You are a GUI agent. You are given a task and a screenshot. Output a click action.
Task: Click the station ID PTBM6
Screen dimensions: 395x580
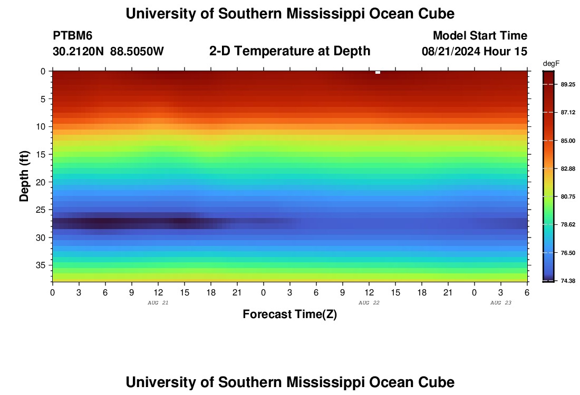73,36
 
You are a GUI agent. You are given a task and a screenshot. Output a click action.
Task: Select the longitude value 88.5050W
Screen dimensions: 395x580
137,52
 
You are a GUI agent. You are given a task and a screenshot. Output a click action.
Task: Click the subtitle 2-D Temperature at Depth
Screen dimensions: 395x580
289,51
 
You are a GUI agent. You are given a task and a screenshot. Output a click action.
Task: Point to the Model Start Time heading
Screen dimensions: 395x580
480,36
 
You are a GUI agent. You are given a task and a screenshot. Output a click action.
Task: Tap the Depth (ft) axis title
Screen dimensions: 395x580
24,175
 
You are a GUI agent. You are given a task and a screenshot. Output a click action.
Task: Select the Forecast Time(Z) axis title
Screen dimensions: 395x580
289,314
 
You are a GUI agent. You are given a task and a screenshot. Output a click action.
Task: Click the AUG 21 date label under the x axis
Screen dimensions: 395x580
158,303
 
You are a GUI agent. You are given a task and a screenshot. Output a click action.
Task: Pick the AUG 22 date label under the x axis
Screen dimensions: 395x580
369,303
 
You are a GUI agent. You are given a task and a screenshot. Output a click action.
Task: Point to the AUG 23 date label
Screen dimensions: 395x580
501,303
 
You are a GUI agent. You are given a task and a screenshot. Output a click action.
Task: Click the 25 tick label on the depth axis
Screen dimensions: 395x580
43,210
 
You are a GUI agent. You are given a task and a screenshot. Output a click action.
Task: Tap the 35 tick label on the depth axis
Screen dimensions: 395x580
43,265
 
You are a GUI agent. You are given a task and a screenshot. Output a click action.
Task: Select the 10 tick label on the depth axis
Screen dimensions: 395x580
43,126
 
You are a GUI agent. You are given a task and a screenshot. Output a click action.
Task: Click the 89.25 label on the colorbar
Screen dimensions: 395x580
567,85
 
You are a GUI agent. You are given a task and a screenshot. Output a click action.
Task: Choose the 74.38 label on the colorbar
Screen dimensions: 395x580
567,281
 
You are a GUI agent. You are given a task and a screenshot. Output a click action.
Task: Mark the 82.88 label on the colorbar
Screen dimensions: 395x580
567,169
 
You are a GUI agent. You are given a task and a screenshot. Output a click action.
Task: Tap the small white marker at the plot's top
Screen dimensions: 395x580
378,72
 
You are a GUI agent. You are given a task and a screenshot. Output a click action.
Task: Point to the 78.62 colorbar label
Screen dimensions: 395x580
567,225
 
